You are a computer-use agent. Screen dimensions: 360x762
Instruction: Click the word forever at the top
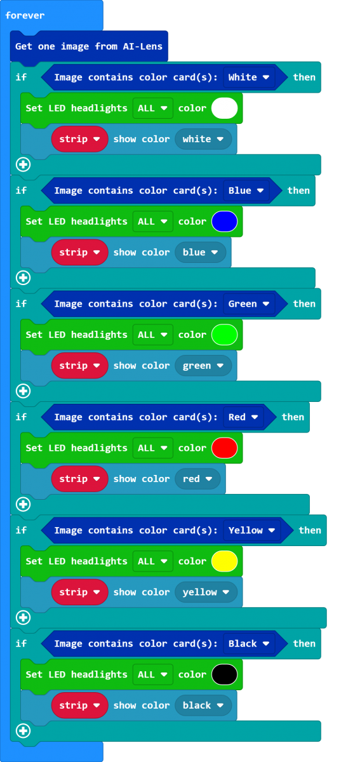(x=25, y=15)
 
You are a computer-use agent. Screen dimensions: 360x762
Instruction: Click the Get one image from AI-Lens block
(x=89, y=46)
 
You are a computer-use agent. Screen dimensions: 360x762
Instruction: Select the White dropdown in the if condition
(x=249, y=77)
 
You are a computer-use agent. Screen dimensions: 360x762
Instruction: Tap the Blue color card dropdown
(x=246, y=190)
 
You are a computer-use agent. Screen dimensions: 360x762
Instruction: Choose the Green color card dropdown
(x=249, y=304)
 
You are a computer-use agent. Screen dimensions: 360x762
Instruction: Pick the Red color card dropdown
(x=243, y=417)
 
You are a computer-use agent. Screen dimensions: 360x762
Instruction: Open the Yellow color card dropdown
(x=252, y=530)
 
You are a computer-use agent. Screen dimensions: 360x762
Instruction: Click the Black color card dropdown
(x=249, y=644)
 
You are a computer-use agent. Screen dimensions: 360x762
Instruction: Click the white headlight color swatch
(x=224, y=108)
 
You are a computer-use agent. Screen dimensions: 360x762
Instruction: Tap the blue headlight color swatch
(x=224, y=222)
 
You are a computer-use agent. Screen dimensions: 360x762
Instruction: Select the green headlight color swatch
(x=224, y=335)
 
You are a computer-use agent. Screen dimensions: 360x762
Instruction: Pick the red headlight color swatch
(x=224, y=448)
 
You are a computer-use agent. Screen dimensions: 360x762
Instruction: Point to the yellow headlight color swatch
(x=224, y=561)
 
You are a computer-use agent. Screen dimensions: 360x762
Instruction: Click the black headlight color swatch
(x=224, y=674)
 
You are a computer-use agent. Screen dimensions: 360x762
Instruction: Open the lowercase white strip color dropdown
(x=203, y=139)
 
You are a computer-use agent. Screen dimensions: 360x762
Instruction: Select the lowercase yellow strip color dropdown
(x=206, y=592)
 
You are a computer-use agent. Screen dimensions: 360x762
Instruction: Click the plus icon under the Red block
(x=23, y=504)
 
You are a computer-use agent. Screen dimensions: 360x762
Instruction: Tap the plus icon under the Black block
(x=23, y=731)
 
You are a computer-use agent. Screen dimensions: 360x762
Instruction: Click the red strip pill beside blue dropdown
(x=79, y=253)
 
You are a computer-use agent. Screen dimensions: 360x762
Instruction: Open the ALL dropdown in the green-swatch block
(x=153, y=335)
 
